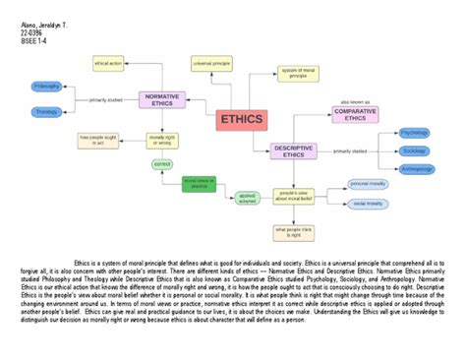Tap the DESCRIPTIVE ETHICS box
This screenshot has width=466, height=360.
pyautogui.click(x=293, y=151)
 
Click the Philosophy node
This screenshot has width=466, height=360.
pyautogui.click(x=47, y=87)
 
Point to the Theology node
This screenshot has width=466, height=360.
pyautogui.click(x=47, y=112)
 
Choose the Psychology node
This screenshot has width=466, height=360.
pyautogui.click(x=414, y=132)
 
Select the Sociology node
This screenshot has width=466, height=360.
pyautogui.click(x=414, y=150)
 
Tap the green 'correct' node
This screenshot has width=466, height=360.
pyautogui.click(x=163, y=163)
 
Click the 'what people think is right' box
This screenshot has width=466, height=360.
pyautogui.click(x=293, y=232)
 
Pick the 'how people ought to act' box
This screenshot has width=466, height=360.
pyautogui.click(x=97, y=140)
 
